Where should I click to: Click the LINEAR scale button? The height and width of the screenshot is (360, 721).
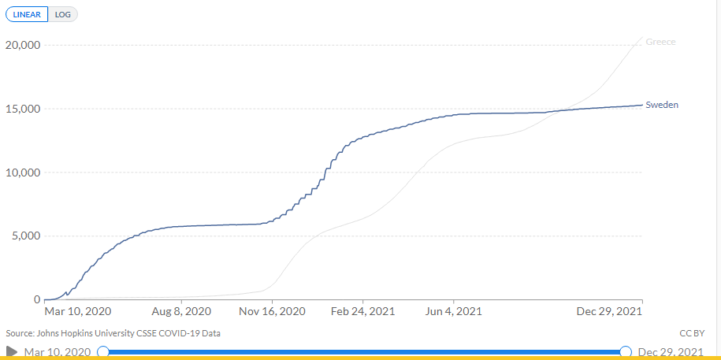pos(27,14)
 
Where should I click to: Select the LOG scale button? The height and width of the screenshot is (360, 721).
pos(63,14)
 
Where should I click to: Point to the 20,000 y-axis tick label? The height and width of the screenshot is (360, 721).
pos(23,45)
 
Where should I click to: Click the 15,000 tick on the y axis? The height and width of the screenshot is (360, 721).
pos(23,109)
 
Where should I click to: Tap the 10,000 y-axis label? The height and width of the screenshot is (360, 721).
pos(23,173)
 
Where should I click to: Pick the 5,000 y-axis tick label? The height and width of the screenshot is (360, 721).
pos(25,236)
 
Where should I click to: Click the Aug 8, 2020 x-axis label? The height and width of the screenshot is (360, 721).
pos(181,312)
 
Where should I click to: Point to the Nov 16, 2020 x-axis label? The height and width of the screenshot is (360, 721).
pos(273,312)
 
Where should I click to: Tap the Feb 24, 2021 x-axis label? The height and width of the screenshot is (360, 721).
pos(362,312)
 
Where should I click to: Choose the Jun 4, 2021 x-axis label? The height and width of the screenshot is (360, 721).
pos(453,312)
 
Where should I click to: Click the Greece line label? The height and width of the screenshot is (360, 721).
pos(660,42)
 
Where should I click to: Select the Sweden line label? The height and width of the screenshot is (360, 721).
pos(662,105)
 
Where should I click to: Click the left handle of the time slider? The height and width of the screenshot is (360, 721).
pos(102,351)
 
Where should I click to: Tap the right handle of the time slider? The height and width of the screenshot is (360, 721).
pos(626,351)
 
